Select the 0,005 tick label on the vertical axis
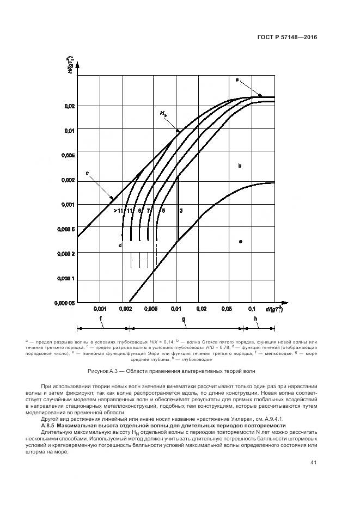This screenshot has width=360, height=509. [x=66, y=156]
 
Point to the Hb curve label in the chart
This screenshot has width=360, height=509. [x=163, y=114]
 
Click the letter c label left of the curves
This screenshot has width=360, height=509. [x=87, y=173]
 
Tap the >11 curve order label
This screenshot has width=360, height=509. [x=118, y=210]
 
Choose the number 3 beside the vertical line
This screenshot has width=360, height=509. [x=181, y=210]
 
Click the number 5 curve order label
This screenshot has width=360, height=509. [x=163, y=210]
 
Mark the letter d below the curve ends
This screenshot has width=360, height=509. [x=119, y=246]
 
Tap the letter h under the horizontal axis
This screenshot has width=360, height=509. [x=255, y=320]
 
